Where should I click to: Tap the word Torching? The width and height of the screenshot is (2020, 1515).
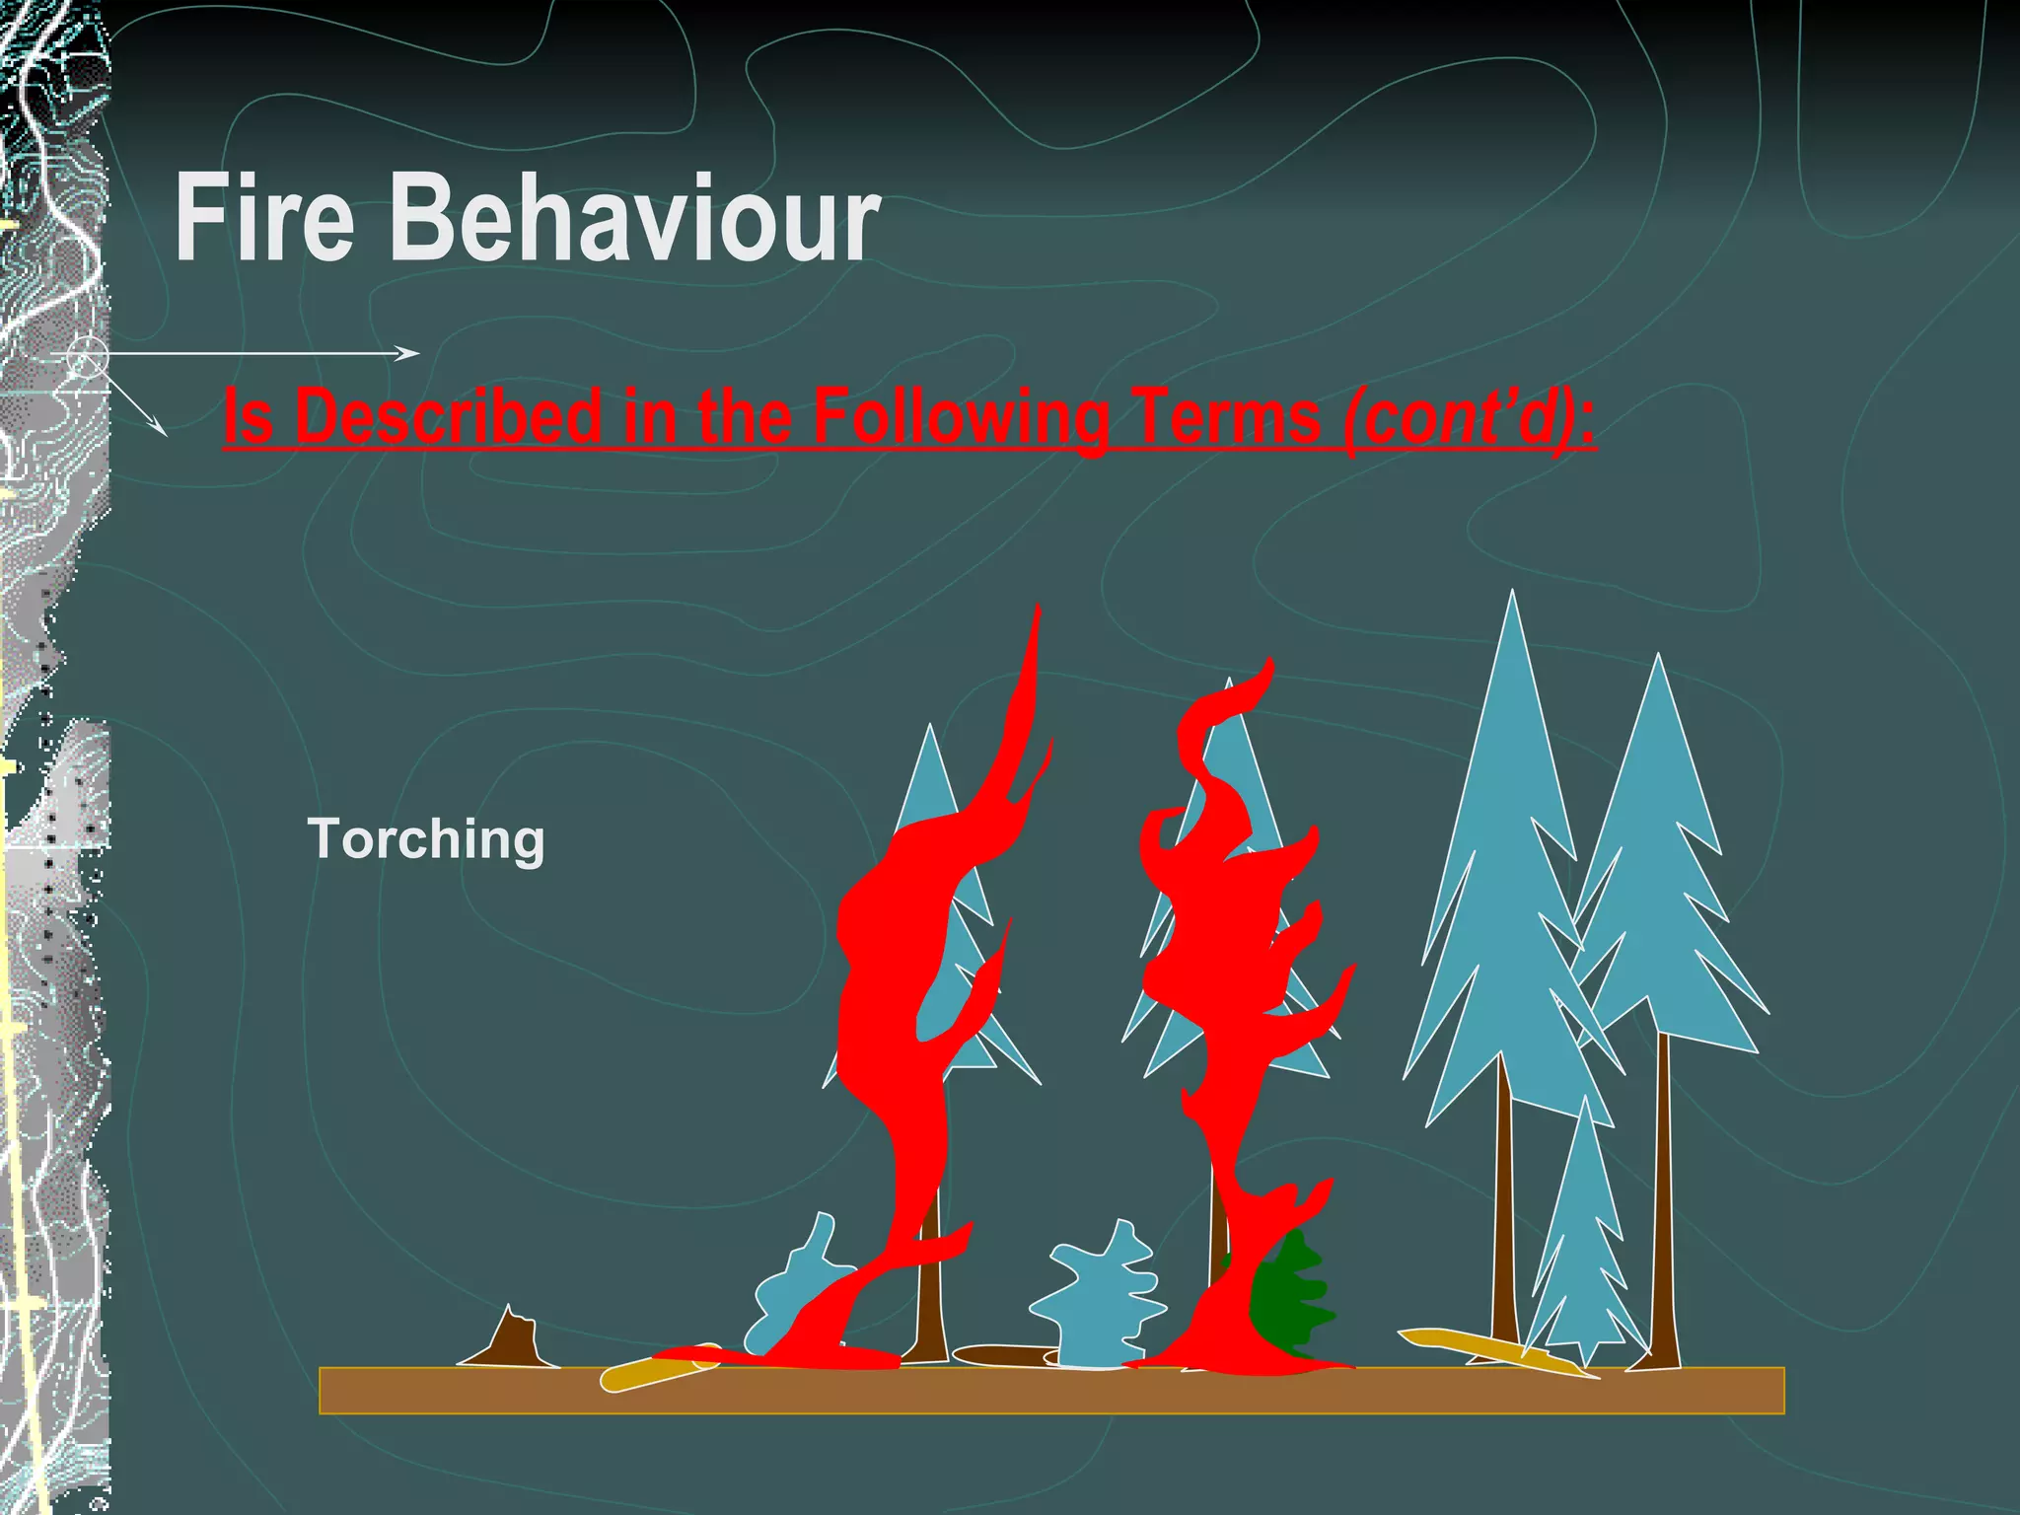(x=426, y=838)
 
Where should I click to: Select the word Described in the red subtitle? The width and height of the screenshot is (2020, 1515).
(x=449, y=416)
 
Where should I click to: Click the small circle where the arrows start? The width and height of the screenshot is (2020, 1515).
(x=88, y=356)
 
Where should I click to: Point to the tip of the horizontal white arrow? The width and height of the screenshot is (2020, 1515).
(x=418, y=352)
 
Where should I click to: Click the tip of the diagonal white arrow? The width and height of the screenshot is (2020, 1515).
(x=165, y=434)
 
